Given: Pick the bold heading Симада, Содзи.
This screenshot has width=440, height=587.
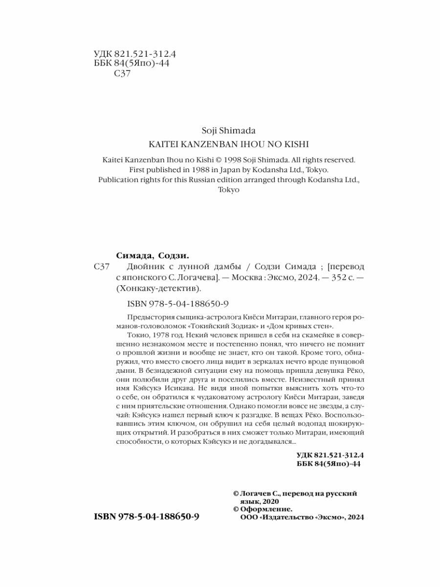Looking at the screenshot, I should (153, 255).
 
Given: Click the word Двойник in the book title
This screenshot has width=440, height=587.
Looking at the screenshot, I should (146, 267).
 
